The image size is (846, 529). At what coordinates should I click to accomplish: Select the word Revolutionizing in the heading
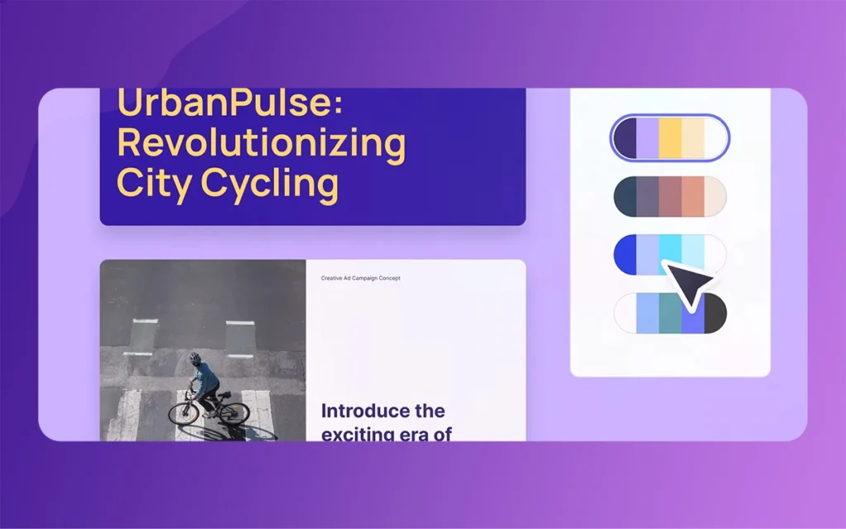tap(261, 143)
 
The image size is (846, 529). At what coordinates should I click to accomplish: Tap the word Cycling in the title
tap(270, 183)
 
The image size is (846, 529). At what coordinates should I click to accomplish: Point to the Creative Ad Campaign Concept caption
tap(360, 278)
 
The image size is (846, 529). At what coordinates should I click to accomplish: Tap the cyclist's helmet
tap(195, 359)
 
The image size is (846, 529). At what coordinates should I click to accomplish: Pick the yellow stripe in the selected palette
tap(670, 138)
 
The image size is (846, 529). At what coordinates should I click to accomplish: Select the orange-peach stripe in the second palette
tap(693, 196)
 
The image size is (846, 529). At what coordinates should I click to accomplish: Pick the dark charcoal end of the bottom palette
tap(715, 313)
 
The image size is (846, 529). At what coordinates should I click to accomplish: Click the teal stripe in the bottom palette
tap(670, 313)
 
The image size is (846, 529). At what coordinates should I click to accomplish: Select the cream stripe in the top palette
tap(693, 138)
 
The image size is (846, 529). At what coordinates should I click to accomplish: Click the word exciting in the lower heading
tap(359, 434)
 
